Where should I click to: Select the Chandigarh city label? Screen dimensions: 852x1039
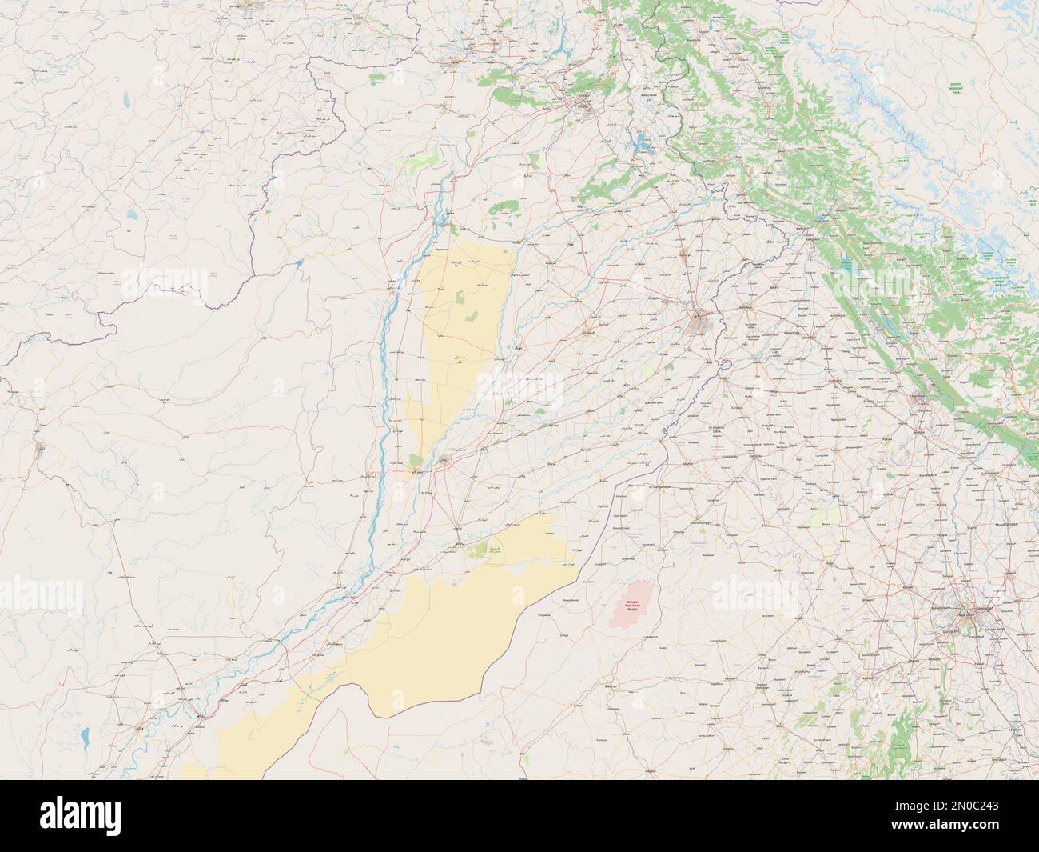(920, 397)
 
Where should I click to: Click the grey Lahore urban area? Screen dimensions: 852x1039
(702, 322)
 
